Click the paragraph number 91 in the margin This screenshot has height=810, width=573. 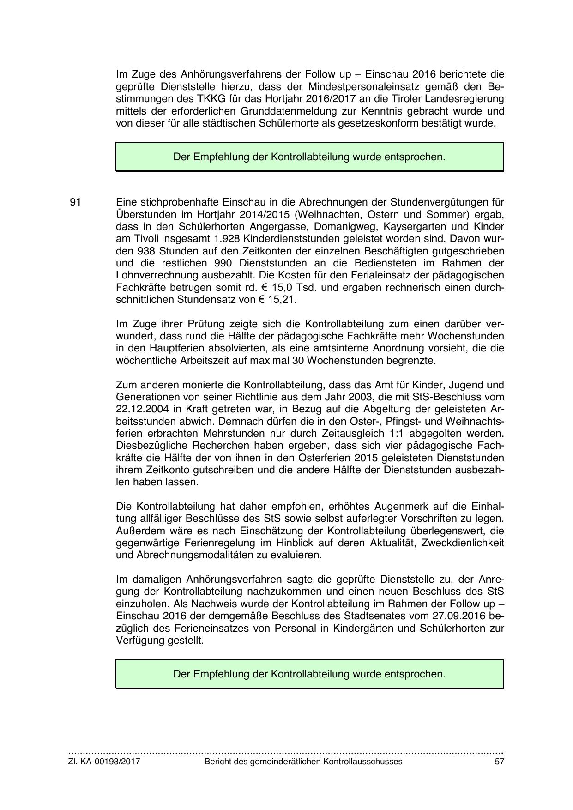coord(76,202)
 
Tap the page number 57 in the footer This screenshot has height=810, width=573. coord(499,762)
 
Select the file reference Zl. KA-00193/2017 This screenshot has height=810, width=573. coord(104,762)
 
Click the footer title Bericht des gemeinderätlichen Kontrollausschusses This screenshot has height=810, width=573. coord(303,762)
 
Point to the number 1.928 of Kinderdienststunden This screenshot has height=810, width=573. coord(224,239)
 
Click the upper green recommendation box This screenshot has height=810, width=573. coord(309,157)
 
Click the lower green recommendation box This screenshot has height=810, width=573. coord(309,674)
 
